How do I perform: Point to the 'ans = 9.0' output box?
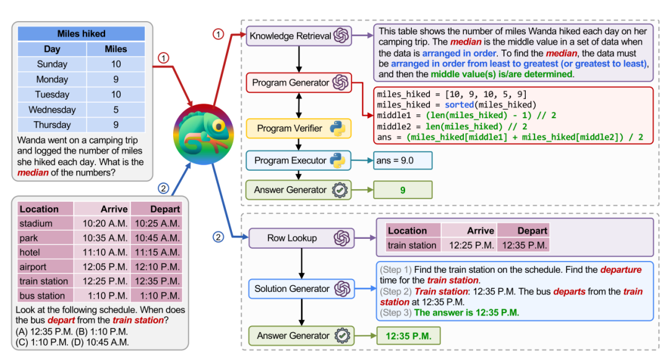click(403, 160)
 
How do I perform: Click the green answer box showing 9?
click(403, 190)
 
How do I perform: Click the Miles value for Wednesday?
click(116, 109)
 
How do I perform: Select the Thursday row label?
click(53, 124)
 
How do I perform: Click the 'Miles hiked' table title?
click(81, 33)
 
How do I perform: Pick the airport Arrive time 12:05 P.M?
click(102, 267)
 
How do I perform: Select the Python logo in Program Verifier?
click(337, 128)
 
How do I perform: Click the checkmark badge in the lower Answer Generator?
click(341, 336)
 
